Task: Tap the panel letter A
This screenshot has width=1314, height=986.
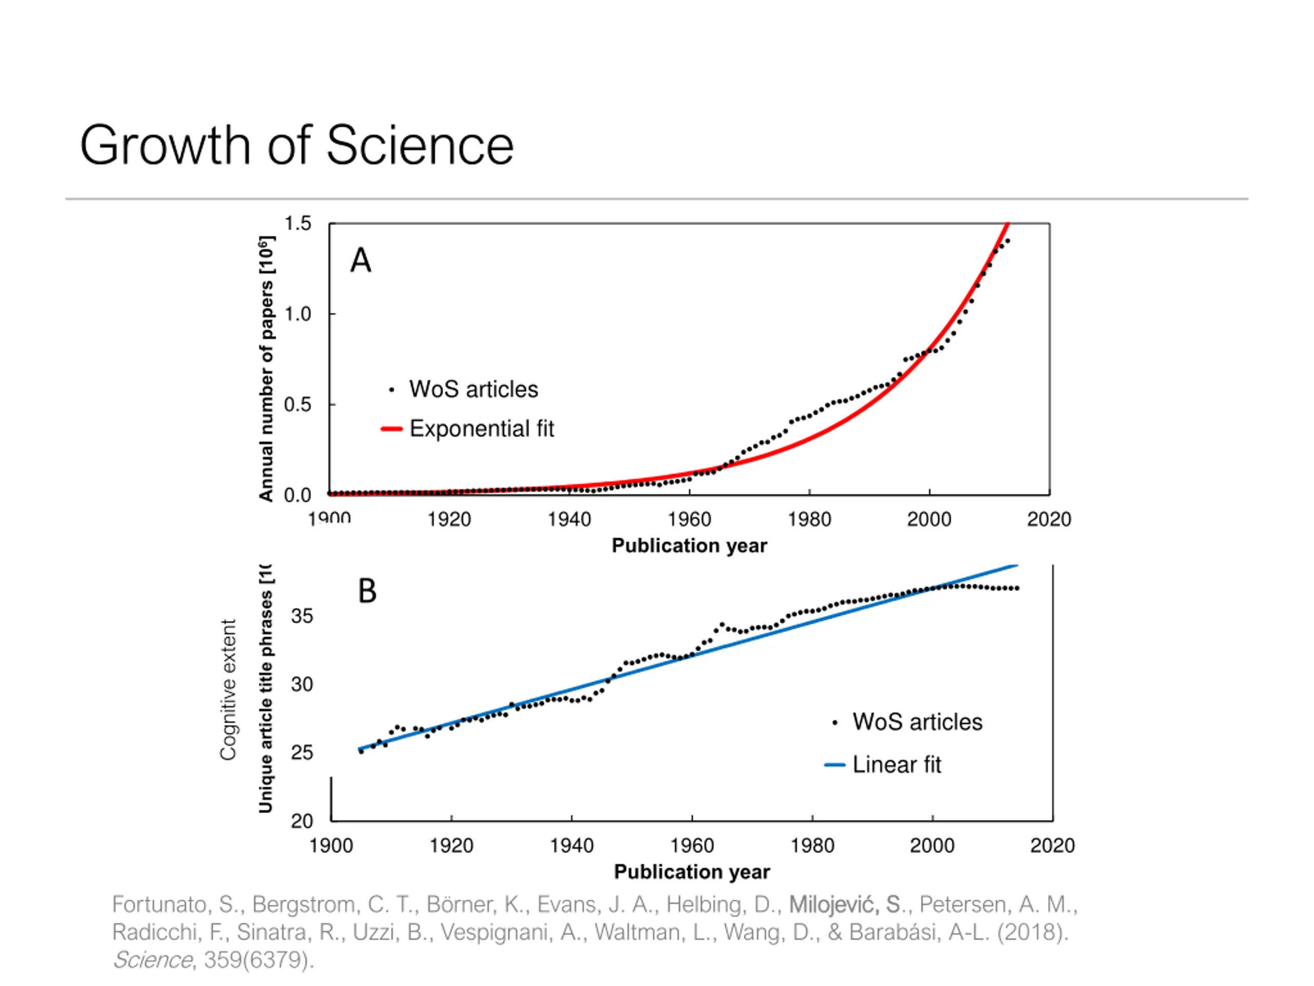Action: [x=360, y=260]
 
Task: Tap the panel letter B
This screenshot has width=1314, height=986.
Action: [x=367, y=592]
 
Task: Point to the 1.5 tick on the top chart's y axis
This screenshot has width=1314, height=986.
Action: [x=298, y=223]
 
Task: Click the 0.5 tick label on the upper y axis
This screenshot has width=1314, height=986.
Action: [x=298, y=405]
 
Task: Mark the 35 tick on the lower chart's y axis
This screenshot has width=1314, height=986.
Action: [x=302, y=616]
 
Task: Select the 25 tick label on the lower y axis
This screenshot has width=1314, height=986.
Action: [x=302, y=753]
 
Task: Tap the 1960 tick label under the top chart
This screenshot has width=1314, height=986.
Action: [x=689, y=520]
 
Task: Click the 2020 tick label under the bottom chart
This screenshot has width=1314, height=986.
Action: [x=1052, y=845]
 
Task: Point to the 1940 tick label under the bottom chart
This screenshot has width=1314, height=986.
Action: [x=571, y=845]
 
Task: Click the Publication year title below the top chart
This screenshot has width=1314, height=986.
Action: [x=689, y=545]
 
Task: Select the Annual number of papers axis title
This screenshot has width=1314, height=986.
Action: [x=266, y=369]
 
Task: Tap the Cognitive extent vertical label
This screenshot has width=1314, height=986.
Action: [x=228, y=689]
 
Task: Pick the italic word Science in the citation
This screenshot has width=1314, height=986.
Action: [x=152, y=960]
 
